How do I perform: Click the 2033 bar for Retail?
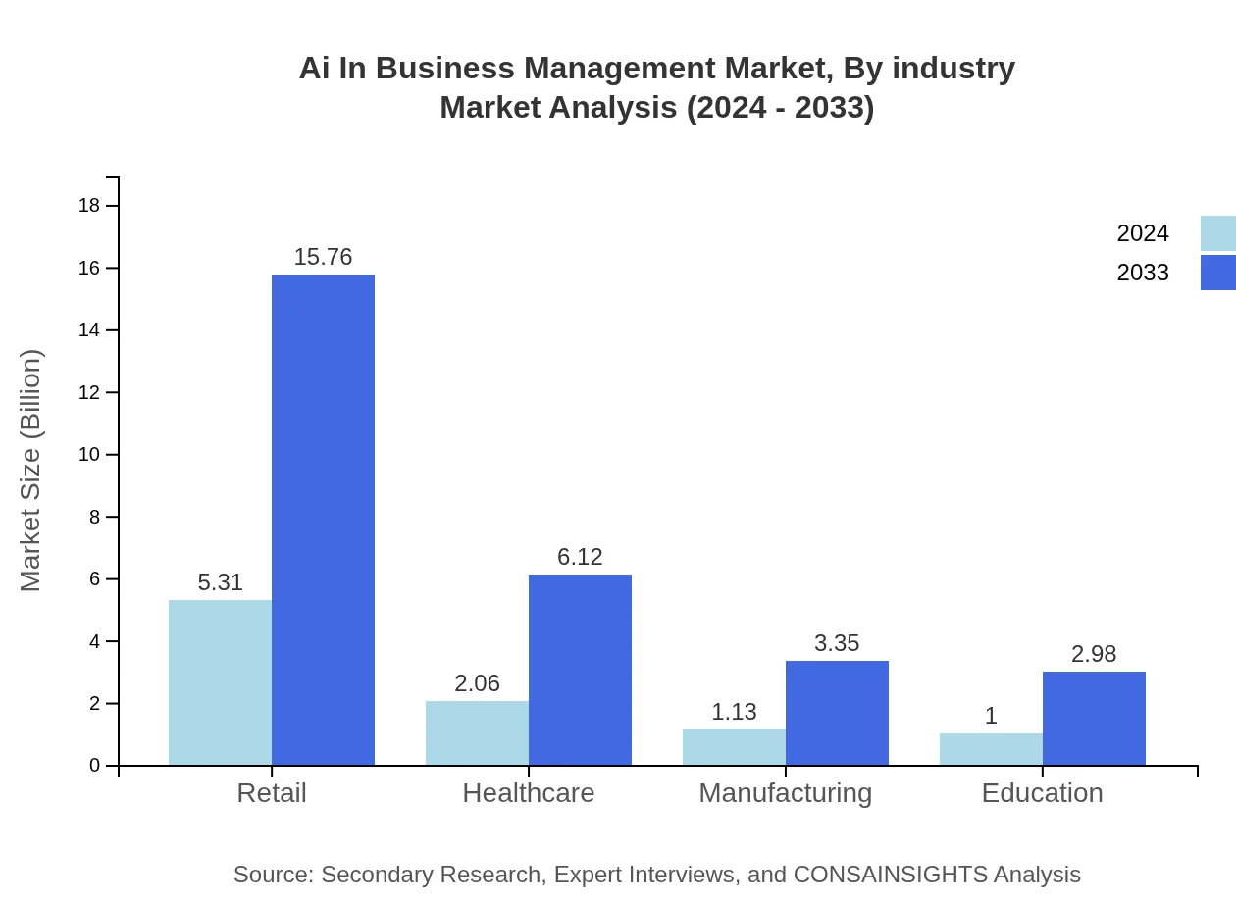(323, 520)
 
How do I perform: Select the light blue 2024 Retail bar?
(220, 682)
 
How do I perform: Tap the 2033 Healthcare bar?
(580, 670)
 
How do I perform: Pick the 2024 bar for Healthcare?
(477, 732)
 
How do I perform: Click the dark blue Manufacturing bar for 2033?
(837, 713)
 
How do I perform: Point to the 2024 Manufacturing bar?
(734, 747)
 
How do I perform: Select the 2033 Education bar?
(1094, 718)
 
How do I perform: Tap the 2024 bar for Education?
(991, 749)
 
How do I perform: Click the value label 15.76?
(323, 257)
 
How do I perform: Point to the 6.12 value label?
(580, 557)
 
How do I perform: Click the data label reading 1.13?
(734, 712)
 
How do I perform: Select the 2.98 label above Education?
(1094, 654)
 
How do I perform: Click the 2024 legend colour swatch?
(1217, 233)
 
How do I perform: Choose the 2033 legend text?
(1143, 273)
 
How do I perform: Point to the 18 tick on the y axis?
(89, 206)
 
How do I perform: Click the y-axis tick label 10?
(89, 455)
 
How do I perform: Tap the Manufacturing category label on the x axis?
(785, 792)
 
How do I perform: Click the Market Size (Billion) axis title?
(31, 471)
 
